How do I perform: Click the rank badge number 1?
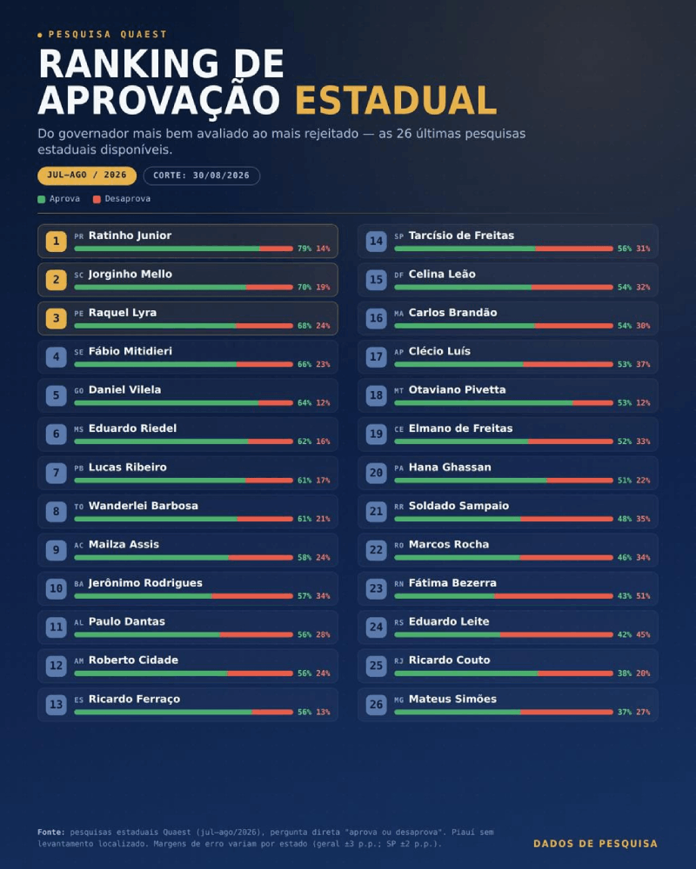(x=56, y=241)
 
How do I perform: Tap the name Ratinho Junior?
(x=130, y=235)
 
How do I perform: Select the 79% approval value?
(x=304, y=249)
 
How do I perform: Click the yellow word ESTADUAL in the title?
(x=396, y=100)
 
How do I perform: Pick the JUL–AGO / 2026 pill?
(x=87, y=176)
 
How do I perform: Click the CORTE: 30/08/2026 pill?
(x=202, y=176)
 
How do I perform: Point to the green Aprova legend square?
(x=41, y=199)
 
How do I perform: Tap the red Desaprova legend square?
(x=97, y=199)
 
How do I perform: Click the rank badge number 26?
(x=377, y=705)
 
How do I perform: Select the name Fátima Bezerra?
(x=452, y=583)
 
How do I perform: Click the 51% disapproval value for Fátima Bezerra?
(x=643, y=596)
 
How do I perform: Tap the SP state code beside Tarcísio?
(x=399, y=236)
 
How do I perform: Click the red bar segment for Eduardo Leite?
(x=557, y=634)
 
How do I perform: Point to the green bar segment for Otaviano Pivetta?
(x=484, y=403)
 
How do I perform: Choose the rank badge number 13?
(x=56, y=705)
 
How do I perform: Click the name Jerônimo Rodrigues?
(x=145, y=583)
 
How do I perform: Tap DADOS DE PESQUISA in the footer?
(x=596, y=844)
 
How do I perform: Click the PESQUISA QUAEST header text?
(x=108, y=35)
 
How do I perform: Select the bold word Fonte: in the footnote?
(x=51, y=832)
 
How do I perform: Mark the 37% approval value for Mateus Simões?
(x=625, y=713)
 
